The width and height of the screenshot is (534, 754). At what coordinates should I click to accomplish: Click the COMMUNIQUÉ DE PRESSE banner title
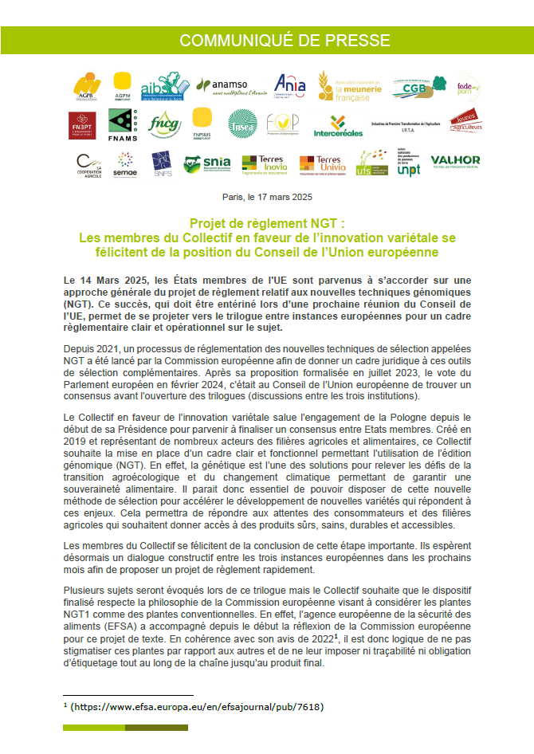pyautogui.click(x=267, y=41)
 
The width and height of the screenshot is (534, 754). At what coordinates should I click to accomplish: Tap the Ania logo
pyautogui.click(x=289, y=84)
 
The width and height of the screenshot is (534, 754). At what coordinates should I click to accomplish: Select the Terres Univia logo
pyautogui.click(x=320, y=164)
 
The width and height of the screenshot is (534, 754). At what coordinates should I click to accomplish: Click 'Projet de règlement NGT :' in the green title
pyautogui.click(x=267, y=224)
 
